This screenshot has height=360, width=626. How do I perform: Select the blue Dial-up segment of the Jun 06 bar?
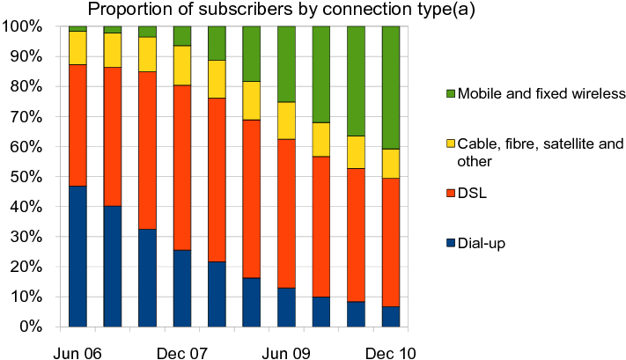click(x=77, y=255)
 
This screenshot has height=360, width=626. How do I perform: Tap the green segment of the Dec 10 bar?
click(x=392, y=87)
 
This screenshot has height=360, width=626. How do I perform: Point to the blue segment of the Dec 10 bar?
click(x=392, y=316)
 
